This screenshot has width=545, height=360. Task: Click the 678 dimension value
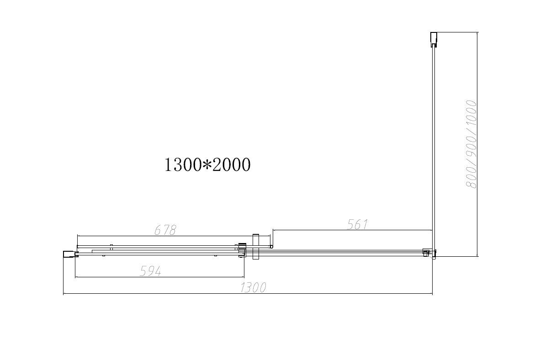pyautogui.click(x=165, y=230)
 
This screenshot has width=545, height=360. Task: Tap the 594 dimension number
pyautogui.click(x=150, y=271)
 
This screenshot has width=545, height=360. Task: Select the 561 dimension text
pyautogui.click(x=357, y=224)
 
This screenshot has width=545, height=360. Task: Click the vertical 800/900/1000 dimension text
pyautogui.click(x=471, y=144)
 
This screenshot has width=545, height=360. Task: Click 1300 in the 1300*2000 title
pyautogui.click(x=182, y=164)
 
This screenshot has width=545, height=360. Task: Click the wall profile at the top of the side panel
pyautogui.click(x=434, y=39)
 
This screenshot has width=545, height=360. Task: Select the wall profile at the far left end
pyautogui.click(x=69, y=254)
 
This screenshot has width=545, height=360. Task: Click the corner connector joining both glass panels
pyautogui.click(x=429, y=253)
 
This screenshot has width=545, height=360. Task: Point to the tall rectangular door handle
pyautogui.click(x=256, y=247)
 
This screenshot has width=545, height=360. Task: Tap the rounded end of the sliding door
pyautogui.click(x=271, y=247)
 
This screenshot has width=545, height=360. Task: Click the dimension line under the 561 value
pyautogui.click(x=352, y=230)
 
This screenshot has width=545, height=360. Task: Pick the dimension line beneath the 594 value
pyautogui.click(x=160, y=277)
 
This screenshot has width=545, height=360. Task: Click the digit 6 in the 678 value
pyautogui.click(x=157, y=230)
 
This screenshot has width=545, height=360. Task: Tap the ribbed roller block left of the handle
pyautogui.click(x=242, y=250)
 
